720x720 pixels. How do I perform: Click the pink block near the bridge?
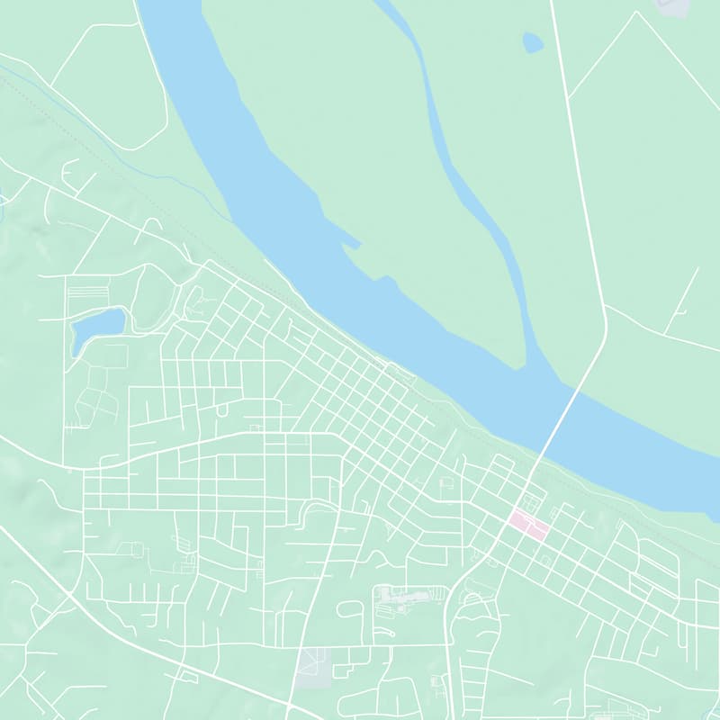tap(528, 525)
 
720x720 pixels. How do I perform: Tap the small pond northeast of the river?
tap(533, 42)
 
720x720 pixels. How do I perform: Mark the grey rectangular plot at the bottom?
tap(312, 667)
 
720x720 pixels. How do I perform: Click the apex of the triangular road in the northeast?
tap(637, 13)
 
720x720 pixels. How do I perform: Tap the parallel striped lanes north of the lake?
tap(88, 294)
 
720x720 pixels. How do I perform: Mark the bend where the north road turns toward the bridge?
tap(605, 333)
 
